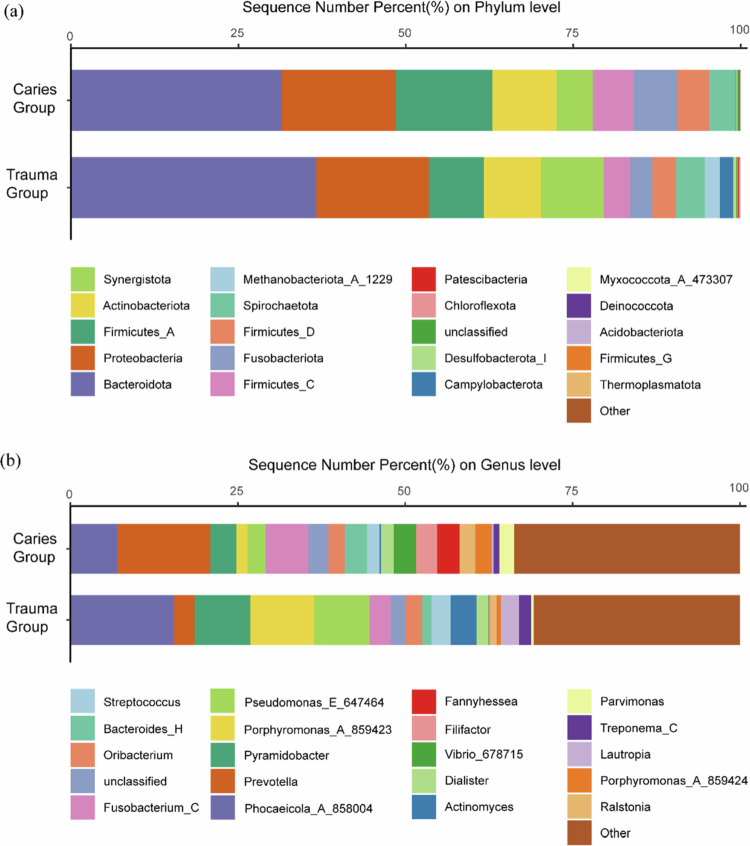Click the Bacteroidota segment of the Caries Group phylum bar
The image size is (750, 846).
pos(175,100)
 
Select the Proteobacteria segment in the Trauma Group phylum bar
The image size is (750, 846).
pos(372,187)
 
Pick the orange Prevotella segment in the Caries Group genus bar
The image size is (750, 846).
pos(163,548)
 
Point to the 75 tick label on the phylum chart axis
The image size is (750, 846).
pos(571,33)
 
